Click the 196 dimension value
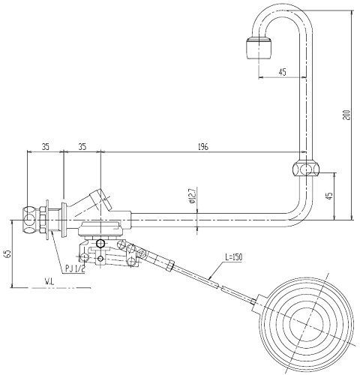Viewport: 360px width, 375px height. pos(203,147)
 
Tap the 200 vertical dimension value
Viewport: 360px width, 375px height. pos(347,115)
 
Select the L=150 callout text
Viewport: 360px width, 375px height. pos(234,257)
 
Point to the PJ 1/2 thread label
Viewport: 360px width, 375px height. pos(75,268)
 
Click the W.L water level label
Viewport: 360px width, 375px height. pos(49,282)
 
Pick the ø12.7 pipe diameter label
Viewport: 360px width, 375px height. pos(193,195)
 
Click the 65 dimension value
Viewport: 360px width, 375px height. pos(8,253)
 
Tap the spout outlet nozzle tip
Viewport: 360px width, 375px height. pos(258,48)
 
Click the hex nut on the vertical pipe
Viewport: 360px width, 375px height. pos(306,169)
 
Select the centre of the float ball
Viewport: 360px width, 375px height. pos(307,322)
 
